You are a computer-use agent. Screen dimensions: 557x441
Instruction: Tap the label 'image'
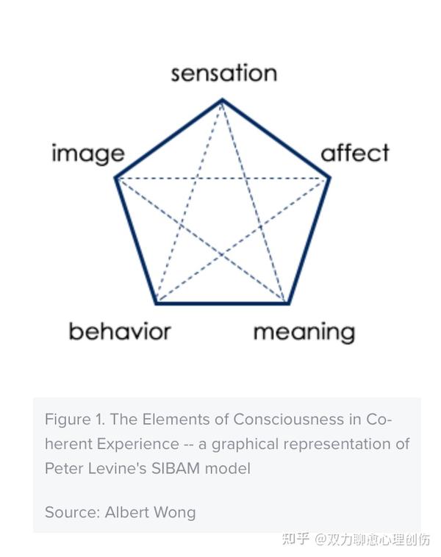click(87, 154)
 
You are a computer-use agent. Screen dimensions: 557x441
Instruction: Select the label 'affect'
click(355, 154)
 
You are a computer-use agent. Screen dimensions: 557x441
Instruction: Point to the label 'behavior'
click(119, 331)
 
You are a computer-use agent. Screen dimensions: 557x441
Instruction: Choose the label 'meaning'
click(304, 332)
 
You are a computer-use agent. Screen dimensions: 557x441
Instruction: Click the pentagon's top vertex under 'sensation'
click(223, 99)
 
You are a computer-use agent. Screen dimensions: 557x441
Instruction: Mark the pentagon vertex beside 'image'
click(116, 178)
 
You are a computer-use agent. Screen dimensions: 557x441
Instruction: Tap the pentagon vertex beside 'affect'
click(329, 178)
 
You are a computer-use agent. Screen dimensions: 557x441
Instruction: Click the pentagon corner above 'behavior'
click(157, 303)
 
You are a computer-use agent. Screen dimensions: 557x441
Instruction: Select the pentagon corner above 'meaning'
click(287, 303)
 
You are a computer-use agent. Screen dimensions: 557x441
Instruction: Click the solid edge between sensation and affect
click(276, 139)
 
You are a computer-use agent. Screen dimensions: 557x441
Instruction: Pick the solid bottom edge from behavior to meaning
click(222, 303)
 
